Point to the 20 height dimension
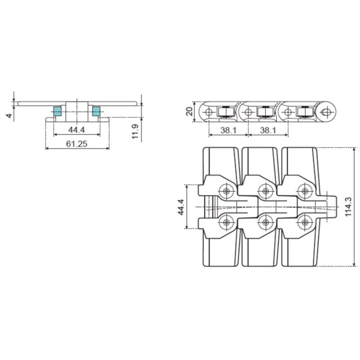click(190, 111)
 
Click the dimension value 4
click(9, 116)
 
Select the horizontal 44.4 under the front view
click(77, 130)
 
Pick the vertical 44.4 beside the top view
click(181, 207)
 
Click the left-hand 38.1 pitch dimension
click(228, 130)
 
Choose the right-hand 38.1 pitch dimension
click(268, 130)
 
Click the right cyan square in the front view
click(96, 111)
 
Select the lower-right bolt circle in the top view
click(305, 221)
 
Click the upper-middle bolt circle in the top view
click(265, 191)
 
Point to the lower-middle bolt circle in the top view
click(265, 221)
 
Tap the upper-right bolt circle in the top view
click(305, 191)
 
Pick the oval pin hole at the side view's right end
click(327, 111)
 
